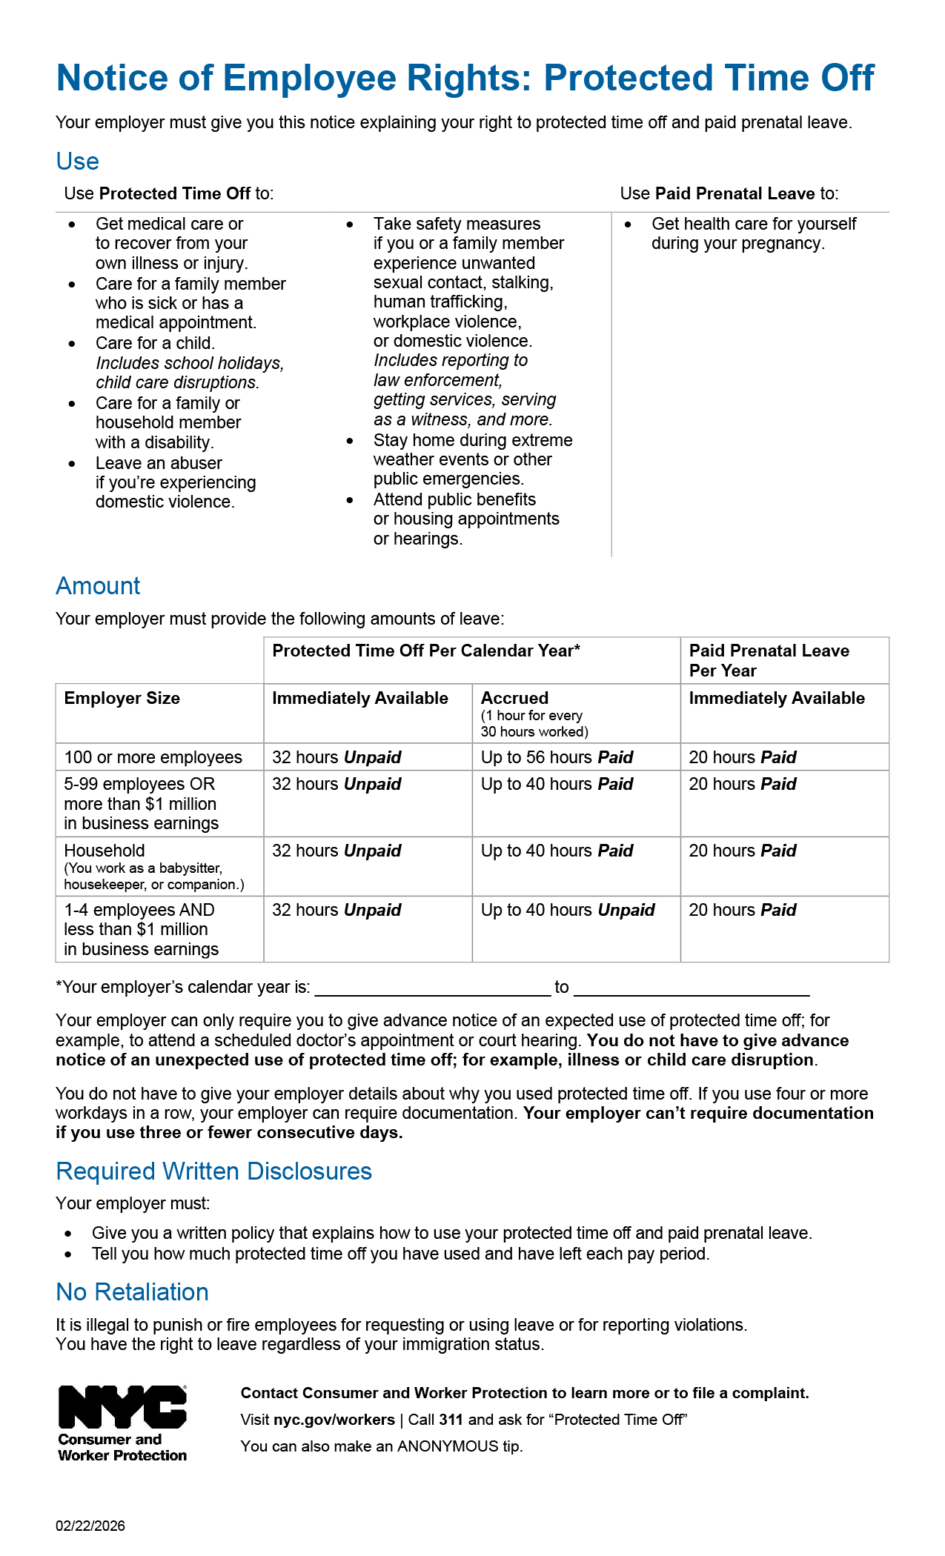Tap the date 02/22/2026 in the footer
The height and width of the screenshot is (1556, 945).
90,1526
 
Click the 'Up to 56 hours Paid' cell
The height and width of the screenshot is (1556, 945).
557,757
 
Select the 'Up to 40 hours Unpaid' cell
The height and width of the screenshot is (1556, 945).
568,910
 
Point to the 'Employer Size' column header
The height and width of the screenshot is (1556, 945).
122,698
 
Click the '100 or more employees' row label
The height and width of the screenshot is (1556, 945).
153,757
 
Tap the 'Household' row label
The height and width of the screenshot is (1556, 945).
105,851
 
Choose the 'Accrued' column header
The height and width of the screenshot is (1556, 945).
514,698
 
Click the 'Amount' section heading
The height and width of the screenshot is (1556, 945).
98,586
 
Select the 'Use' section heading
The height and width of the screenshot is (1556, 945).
77,162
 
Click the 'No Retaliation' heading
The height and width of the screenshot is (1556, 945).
132,1292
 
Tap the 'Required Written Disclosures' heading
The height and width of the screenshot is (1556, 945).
213,1171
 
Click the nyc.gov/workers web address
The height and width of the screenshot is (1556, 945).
334,1420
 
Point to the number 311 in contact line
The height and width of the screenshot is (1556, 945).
451,1420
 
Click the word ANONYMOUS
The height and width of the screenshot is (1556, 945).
448,1446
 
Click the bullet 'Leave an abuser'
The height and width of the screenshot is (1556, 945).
159,463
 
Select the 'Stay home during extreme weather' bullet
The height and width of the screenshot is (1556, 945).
473,440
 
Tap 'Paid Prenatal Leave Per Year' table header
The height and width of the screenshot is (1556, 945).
769,660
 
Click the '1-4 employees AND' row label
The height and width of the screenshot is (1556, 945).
139,910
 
